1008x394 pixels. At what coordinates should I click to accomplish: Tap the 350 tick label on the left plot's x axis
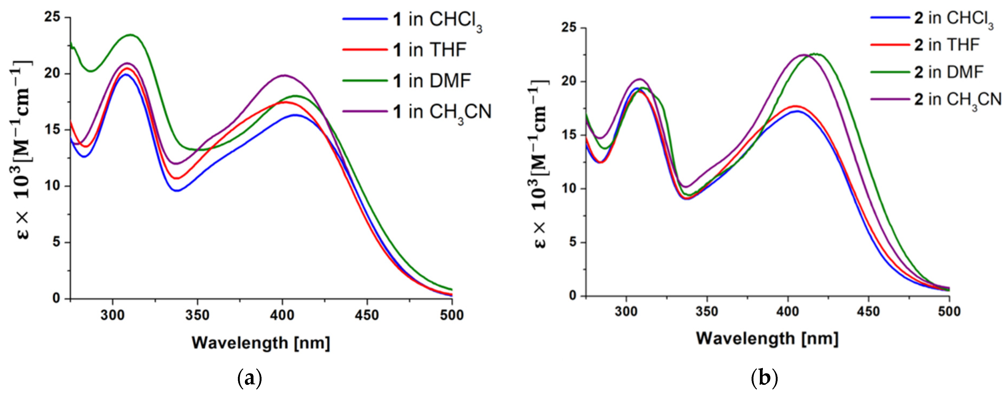pos(197,315)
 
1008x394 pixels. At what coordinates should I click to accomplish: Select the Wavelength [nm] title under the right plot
pos(767,338)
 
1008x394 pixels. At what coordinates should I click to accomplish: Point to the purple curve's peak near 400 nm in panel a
pos(284,76)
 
